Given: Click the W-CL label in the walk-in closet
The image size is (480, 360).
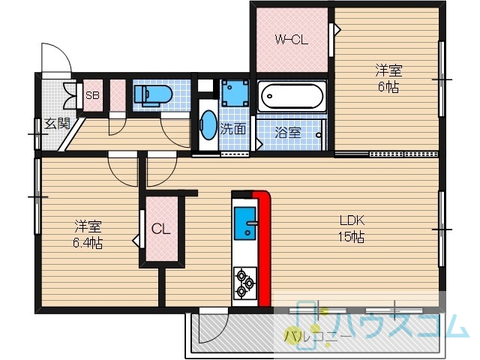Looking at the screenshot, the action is [292, 40].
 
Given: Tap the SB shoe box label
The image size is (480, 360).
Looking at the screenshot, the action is [92, 95].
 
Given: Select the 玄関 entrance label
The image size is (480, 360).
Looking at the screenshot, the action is [57, 124].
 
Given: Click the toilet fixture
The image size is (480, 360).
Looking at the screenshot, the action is [153, 95].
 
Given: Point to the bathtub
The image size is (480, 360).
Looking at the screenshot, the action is [291, 96].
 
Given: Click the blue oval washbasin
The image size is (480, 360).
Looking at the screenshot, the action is [208, 125].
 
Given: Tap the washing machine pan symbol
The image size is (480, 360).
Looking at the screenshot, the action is [235, 93].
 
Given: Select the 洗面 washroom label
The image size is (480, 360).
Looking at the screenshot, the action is [233, 129].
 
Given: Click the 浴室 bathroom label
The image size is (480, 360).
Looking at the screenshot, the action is [288, 132].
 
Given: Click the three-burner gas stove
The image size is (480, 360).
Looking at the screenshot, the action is [245, 283].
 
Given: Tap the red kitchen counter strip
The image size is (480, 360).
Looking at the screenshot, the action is [263, 248].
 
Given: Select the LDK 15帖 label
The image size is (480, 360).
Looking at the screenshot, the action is [352, 228].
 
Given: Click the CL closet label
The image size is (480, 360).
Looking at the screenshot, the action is [161, 228].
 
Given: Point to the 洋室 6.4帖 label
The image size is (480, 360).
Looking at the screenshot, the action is [88, 235].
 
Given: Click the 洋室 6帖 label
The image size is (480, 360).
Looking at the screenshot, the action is [388, 78].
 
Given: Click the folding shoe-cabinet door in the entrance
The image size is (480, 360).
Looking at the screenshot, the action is [70, 96].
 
